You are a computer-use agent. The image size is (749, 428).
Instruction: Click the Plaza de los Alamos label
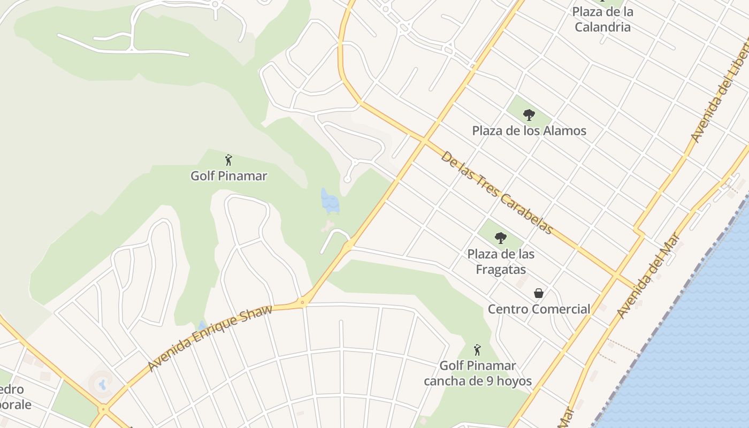pos(529,131)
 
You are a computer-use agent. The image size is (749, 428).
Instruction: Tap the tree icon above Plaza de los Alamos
pos(529,114)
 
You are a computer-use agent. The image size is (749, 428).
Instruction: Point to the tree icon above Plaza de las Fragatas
pos(500,238)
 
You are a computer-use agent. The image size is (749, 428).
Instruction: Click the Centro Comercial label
pos(539,309)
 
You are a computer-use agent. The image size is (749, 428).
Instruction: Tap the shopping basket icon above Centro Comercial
pos(539,293)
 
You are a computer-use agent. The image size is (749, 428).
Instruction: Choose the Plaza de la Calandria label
pos(603,19)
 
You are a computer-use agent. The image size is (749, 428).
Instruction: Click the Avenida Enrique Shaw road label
pos(210,338)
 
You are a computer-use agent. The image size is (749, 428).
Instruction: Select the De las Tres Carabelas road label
pos(496,193)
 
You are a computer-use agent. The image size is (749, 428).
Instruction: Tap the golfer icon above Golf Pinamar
pos(228,160)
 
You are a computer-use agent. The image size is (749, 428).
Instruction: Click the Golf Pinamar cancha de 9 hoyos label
pos(478,373)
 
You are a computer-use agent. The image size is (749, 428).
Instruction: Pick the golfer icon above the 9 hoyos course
pos(478,350)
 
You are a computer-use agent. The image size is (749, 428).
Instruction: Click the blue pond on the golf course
pos(330,201)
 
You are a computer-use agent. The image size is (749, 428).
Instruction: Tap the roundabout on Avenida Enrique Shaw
pos(303,302)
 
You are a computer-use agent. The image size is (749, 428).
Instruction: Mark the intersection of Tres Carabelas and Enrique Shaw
pos(424,141)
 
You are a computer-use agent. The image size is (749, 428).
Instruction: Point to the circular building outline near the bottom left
pos(101,383)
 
